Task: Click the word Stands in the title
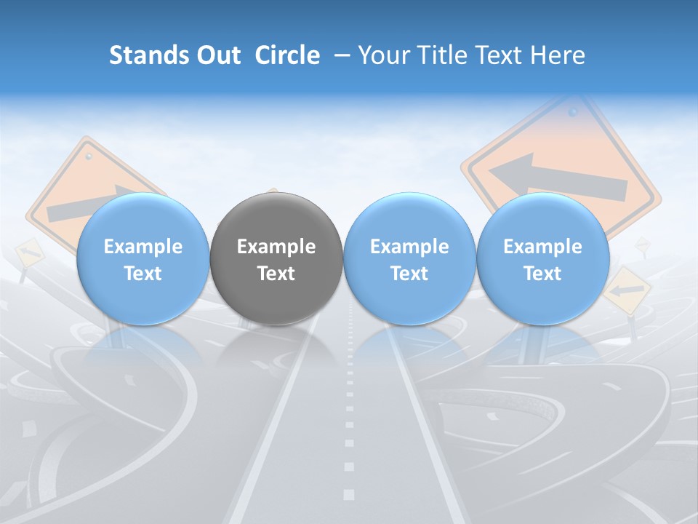click(149, 56)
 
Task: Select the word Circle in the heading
click(287, 56)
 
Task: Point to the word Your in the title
click(382, 56)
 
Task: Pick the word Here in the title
click(558, 56)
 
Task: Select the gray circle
click(276, 259)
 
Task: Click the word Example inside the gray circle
click(276, 247)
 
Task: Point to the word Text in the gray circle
click(276, 274)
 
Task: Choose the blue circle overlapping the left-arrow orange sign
click(542, 259)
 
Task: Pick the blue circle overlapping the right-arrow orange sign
click(143, 259)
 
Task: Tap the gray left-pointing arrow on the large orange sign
click(556, 178)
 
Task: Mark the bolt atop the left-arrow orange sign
click(572, 113)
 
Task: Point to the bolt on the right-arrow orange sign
click(89, 156)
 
